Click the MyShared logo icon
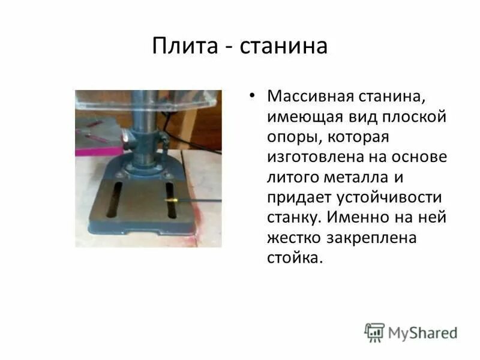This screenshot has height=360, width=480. click(375, 332)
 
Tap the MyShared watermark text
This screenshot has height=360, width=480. click(422, 333)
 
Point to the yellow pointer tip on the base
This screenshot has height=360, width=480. click(170, 197)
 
